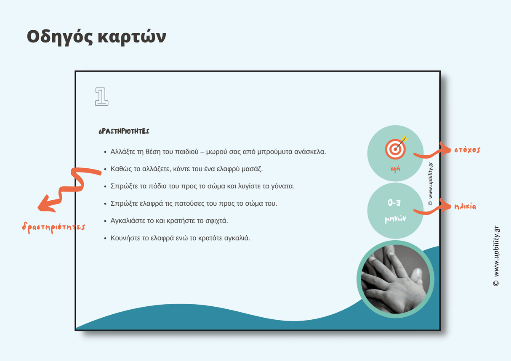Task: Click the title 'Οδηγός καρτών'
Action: click(x=96, y=37)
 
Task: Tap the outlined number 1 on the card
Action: click(x=101, y=96)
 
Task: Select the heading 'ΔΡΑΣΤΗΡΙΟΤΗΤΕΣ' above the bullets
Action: click(x=124, y=131)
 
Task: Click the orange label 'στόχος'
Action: click(x=467, y=150)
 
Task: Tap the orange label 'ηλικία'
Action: click(x=465, y=207)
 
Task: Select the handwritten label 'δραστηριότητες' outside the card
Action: click(x=53, y=227)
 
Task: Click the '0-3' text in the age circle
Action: click(x=394, y=203)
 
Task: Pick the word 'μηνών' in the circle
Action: click(x=395, y=219)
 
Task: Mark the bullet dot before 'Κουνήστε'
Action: click(x=105, y=239)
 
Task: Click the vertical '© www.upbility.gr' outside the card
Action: click(x=496, y=256)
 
